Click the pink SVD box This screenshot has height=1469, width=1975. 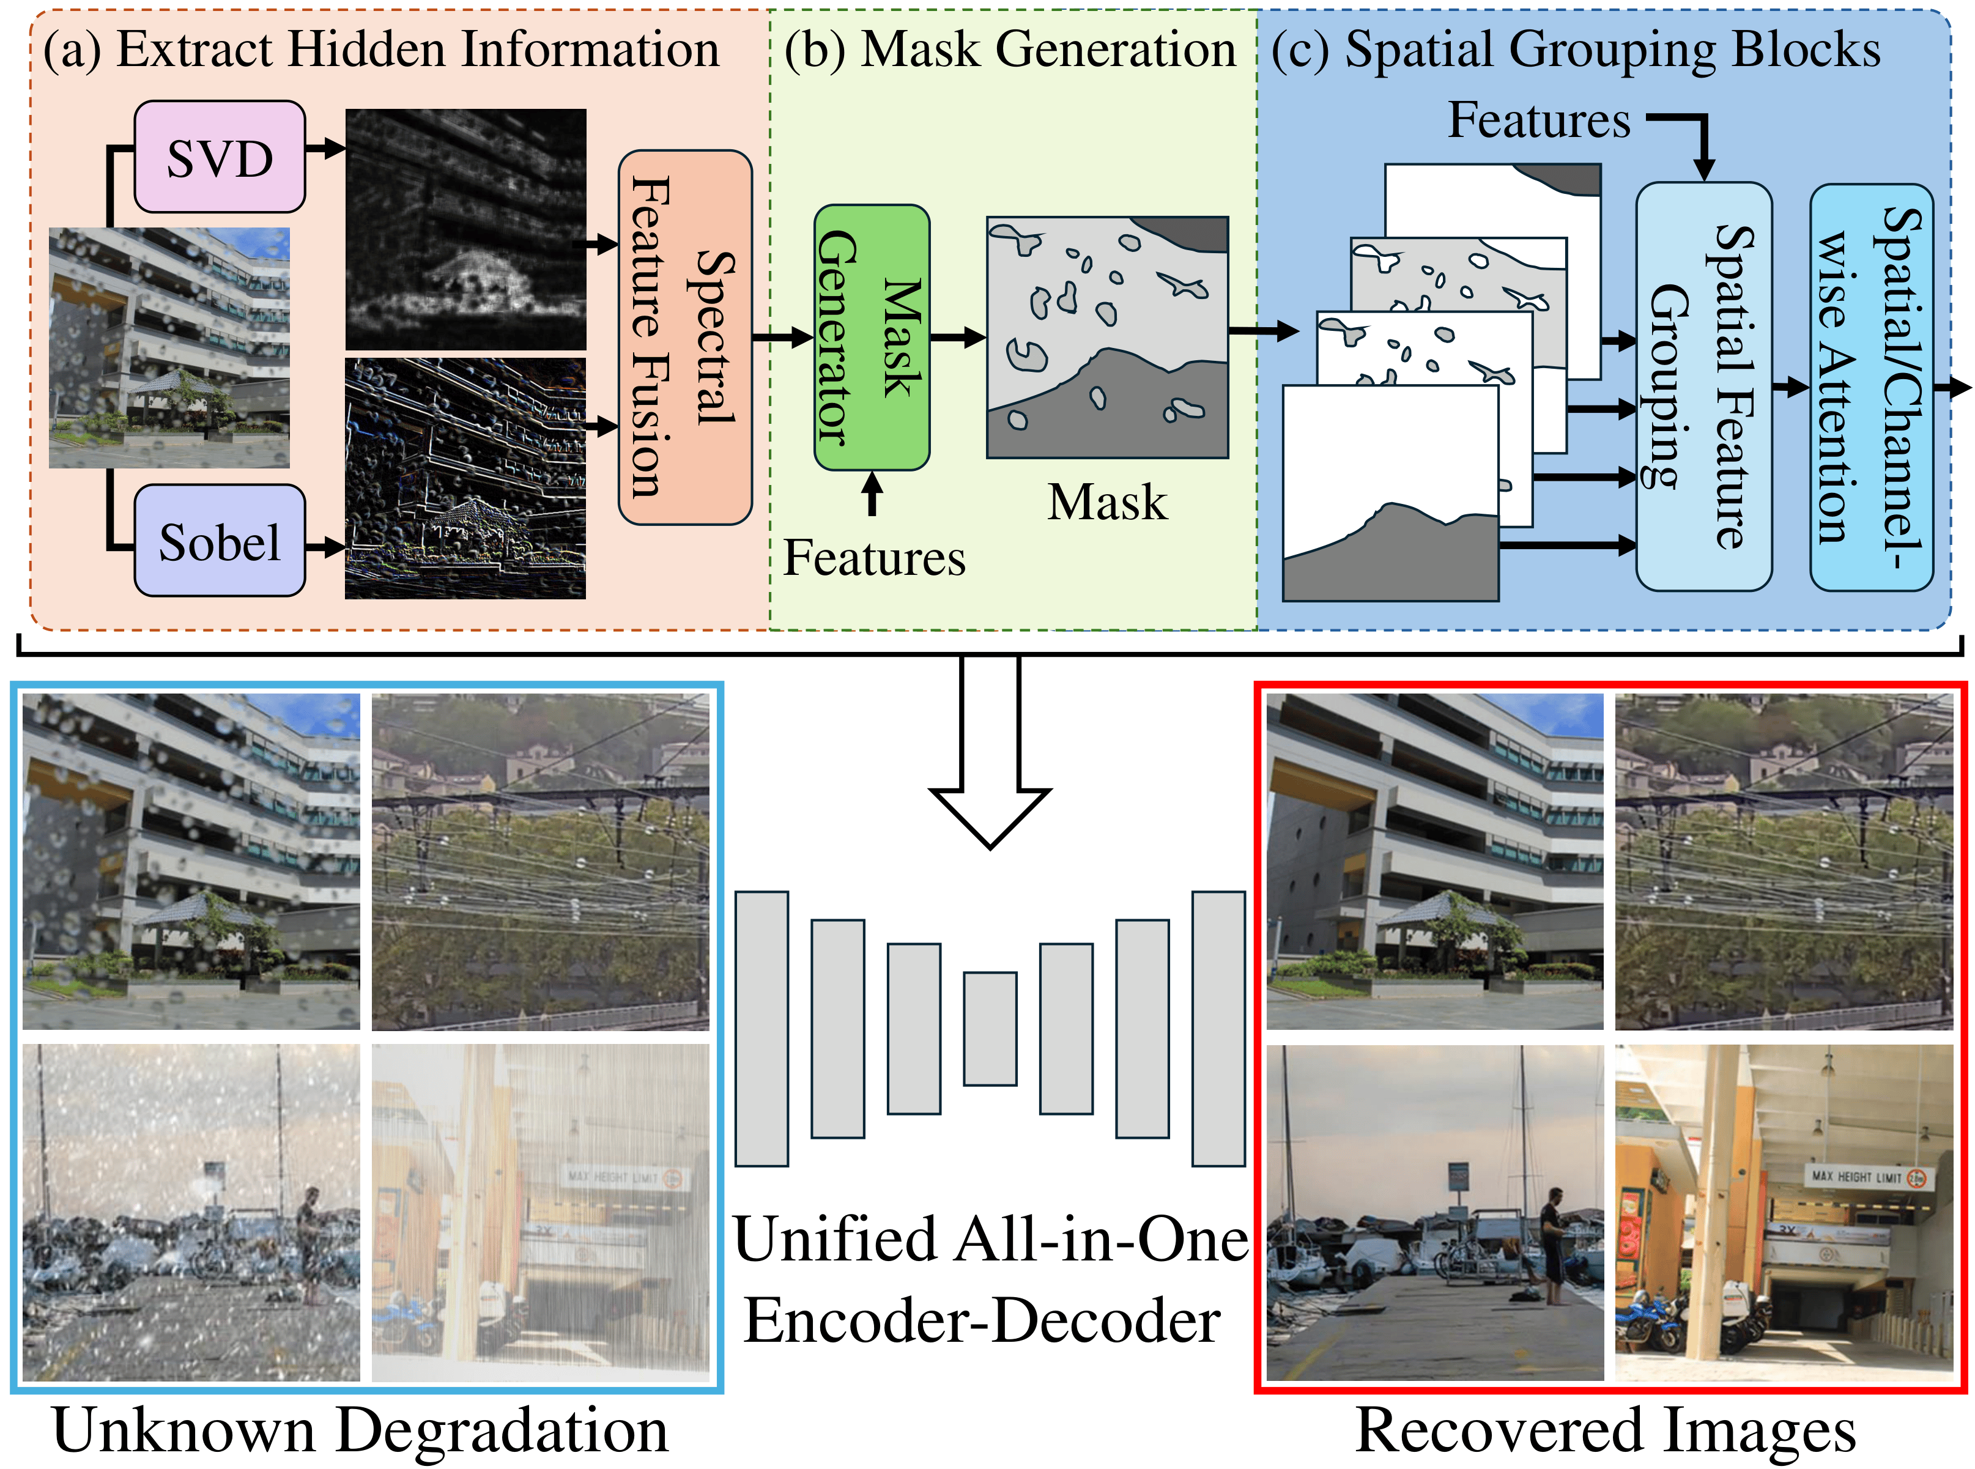pyautogui.click(x=220, y=157)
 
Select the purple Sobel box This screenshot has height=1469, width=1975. pyautogui.click(x=220, y=541)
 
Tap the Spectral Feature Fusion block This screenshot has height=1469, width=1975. pyautogui.click(x=684, y=338)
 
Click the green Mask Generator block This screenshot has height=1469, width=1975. pyautogui.click(x=872, y=338)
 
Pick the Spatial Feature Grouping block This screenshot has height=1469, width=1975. pyautogui.click(x=1703, y=387)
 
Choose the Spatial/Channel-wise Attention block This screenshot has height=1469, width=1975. pyautogui.click(x=1870, y=387)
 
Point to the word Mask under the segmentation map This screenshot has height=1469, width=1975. pyautogui.click(x=1106, y=503)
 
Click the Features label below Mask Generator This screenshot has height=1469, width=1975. pyautogui.click(x=873, y=558)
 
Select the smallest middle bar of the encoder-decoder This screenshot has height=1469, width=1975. pyautogui.click(x=990, y=1029)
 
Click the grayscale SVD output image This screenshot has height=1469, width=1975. pyautogui.click(x=465, y=229)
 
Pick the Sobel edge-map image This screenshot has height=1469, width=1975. pyautogui.click(x=465, y=478)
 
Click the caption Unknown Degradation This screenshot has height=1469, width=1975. pyautogui.click(x=360, y=1430)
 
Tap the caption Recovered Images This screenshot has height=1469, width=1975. pyautogui.click(x=1605, y=1430)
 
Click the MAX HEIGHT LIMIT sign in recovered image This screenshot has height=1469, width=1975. pyautogui.click(x=1867, y=1177)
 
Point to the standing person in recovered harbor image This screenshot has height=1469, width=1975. pyautogui.click(x=1555, y=1245)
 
